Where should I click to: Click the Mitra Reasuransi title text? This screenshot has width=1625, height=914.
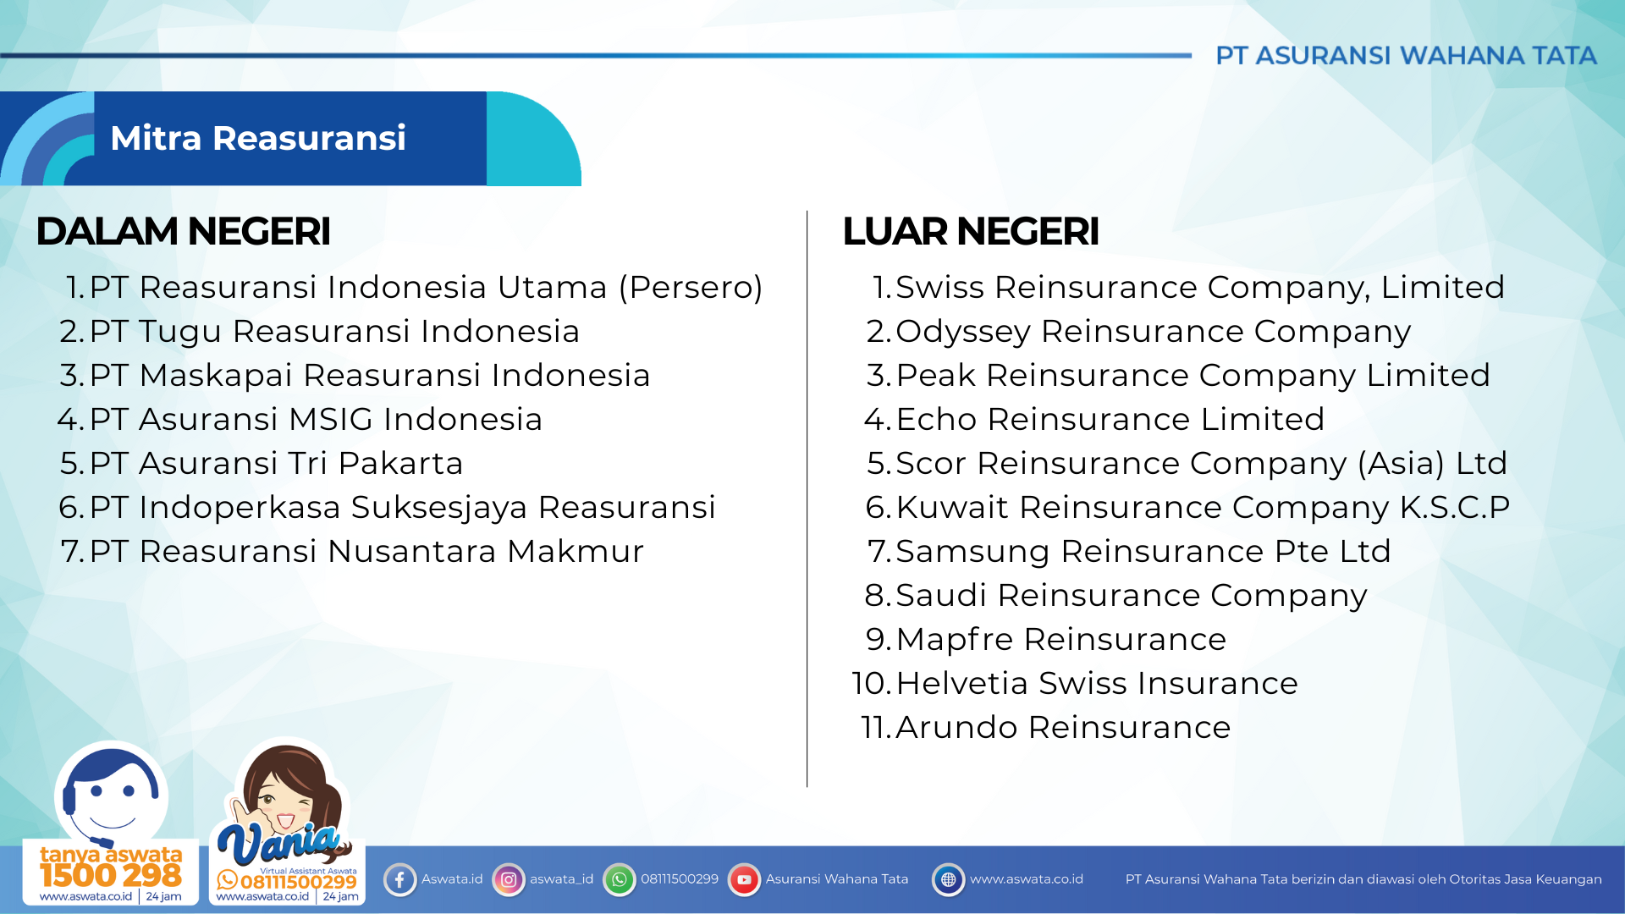pos(258,138)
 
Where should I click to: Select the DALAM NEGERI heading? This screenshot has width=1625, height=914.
pos(183,231)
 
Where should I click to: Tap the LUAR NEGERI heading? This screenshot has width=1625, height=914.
pos(971,231)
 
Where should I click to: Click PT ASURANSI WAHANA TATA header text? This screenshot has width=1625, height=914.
pos(1406,56)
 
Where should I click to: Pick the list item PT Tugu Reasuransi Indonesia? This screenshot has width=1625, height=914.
pos(334,331)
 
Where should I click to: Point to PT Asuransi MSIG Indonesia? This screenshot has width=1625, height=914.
pos(316,419)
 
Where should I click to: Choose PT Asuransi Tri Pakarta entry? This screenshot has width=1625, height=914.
pos(276,463)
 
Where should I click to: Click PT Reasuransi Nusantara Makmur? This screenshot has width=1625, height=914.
pos(366,551)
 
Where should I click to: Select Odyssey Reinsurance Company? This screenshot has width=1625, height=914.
pos(1153,331)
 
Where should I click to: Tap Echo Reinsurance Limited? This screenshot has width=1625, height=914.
pos(1110,419)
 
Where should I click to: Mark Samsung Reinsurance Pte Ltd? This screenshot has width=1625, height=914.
pos(1143,551)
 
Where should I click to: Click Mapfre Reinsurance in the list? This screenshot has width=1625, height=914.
pos(1060,639)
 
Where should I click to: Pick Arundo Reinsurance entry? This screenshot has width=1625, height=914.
pos(1062,727)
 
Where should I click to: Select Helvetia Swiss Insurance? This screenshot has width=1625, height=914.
pos(1096,683)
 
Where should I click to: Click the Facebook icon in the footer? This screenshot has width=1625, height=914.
pos(399,879)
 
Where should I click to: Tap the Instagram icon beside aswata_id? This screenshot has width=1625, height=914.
pos(509,879)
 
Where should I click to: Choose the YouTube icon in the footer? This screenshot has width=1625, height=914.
pos(744,879)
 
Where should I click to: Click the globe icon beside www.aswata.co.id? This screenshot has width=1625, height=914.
pos(948,879)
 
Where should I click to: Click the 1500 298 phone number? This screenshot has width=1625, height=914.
pos(111,875)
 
